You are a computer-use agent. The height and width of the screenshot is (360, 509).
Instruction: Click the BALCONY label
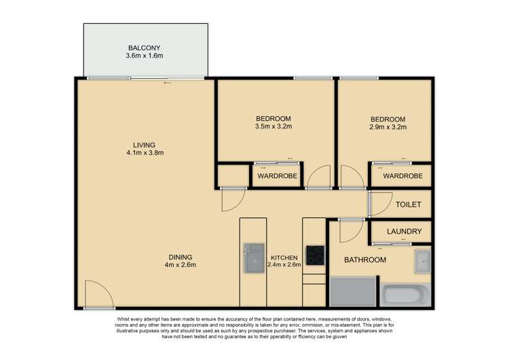(145, 48)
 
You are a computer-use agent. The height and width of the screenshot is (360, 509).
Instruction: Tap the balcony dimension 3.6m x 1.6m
(145, 56)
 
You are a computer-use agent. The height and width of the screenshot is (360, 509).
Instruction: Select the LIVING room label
(144, 145)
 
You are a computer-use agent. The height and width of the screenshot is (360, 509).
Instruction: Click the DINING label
(181, 257)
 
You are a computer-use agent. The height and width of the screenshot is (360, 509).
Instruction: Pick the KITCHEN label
(283, 258)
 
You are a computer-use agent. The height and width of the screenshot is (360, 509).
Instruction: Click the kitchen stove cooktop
(315, 255)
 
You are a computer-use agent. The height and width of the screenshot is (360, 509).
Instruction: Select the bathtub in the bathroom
(406, 295)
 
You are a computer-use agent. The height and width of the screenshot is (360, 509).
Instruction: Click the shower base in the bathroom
(352, 292)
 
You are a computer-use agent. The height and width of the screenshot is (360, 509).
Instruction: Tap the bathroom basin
(423, 260)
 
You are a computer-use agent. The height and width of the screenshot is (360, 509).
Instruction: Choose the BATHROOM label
(364, 260)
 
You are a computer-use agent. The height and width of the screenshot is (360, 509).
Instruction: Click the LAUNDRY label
(404, 232)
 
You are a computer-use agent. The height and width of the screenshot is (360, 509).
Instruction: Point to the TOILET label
(409, 204)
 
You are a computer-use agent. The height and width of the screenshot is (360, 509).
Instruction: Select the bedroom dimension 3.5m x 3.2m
(274, 126)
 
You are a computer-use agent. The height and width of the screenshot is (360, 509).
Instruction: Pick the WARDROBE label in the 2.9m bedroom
(402, 177)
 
